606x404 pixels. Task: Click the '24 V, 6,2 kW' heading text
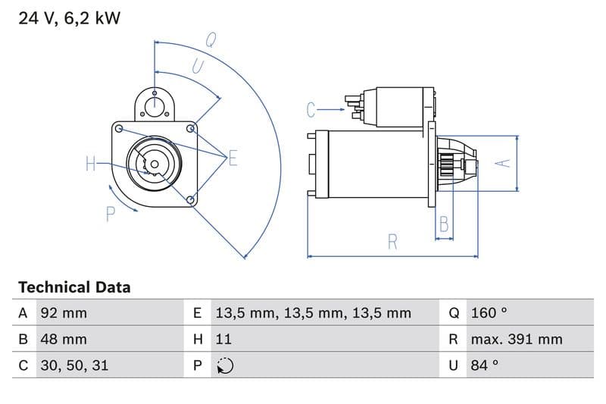(x=69, y=19)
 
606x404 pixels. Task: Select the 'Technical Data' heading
(x=74, y=287)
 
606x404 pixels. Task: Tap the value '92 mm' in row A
(x=64, y=313)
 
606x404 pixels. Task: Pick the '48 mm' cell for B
(x=64, y=339)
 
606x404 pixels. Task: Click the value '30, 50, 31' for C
(x=74, y=365)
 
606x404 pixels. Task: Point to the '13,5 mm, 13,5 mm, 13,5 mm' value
(x=313, y=313)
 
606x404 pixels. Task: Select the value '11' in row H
(x=223, y=339)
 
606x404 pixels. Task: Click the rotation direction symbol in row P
(x=224, y=365)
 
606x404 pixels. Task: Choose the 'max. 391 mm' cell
(x=516, y=339)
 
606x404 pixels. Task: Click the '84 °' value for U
(x=485, y=365)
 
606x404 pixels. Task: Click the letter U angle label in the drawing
(x=197, y=67)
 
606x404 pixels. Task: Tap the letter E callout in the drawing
(x=233, y=158)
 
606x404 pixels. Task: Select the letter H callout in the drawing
(x=91, y=163)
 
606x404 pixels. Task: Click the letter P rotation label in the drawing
(x=111, y=215)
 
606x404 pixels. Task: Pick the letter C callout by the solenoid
(x=311, y=111)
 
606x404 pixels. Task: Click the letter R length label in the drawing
(x=392, y=242)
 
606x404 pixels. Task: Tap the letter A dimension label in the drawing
(x=501, y=162)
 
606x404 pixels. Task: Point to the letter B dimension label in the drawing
(x=444, y=224)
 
